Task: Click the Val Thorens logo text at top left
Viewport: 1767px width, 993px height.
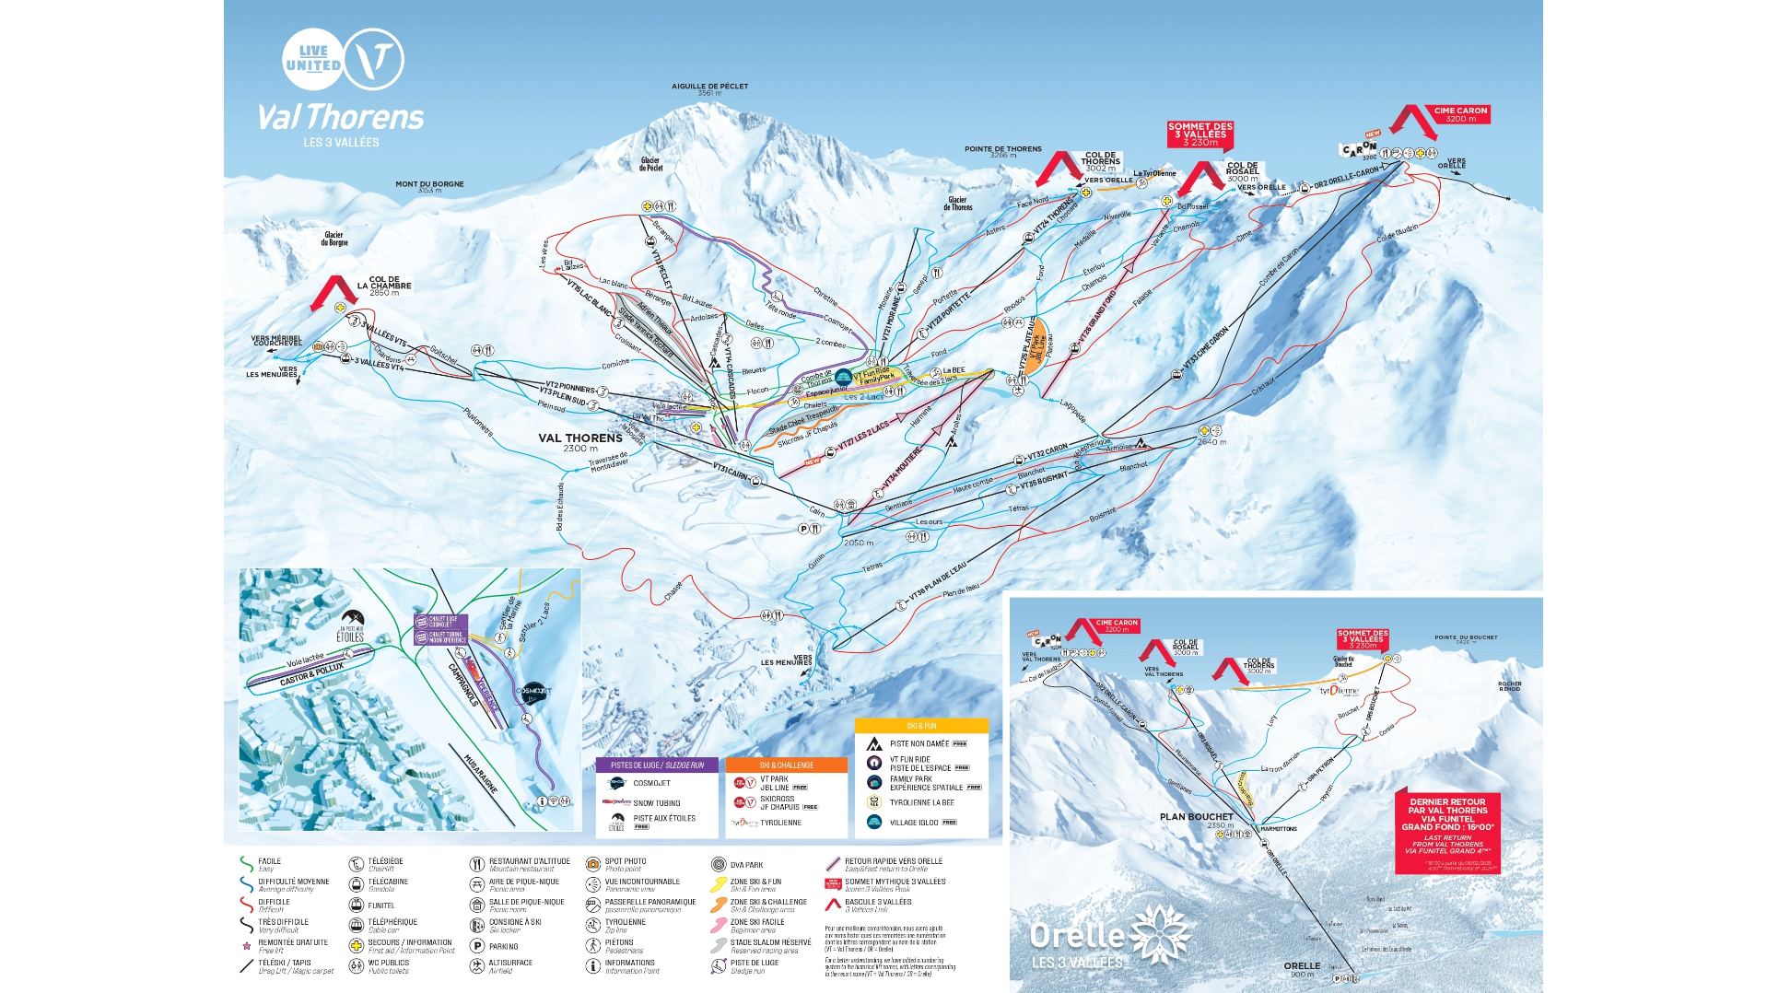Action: [340, 118]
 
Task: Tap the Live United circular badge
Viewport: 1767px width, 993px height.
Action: [313, 59]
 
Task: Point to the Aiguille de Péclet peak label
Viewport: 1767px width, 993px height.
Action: [709, 88]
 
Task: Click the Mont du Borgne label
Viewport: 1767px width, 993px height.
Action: [429, 185]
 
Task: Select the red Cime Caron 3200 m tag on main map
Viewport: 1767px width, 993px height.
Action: [1460, 114]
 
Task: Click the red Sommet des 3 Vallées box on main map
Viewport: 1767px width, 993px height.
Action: [1199, 134]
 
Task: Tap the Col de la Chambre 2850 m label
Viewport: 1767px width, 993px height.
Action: [384, 286]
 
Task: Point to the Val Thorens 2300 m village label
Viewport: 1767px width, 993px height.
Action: [580, 441]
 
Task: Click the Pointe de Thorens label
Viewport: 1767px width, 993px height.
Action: [1002, 150]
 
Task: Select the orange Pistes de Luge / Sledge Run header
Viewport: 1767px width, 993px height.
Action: [657, 765]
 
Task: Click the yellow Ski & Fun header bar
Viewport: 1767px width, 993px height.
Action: [921, 726]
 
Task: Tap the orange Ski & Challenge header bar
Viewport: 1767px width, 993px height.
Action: [786, 765]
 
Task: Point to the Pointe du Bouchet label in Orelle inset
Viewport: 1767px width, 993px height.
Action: [1465, 638]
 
